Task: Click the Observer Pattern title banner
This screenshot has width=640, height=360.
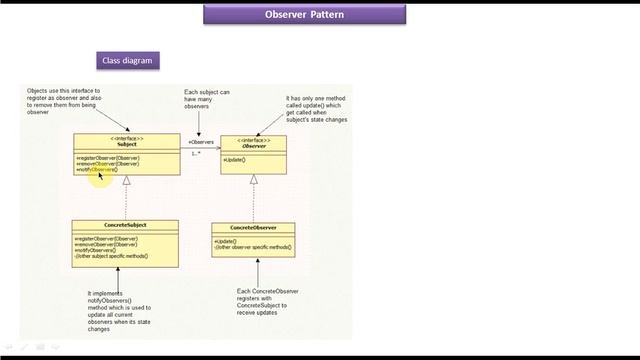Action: point(320,15)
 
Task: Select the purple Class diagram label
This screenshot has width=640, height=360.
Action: point(127,61)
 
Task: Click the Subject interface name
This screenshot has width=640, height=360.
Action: point(126,144)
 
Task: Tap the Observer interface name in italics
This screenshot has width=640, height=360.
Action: point(253,146)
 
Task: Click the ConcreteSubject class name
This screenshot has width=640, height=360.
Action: point(126,225)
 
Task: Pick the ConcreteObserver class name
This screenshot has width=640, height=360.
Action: point(253,227)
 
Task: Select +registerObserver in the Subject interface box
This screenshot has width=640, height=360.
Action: point(106,157)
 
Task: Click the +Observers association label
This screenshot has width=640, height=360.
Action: point(201,142)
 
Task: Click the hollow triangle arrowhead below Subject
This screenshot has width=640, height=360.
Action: point(126,181)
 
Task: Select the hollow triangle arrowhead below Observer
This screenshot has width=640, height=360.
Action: point(253,180)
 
